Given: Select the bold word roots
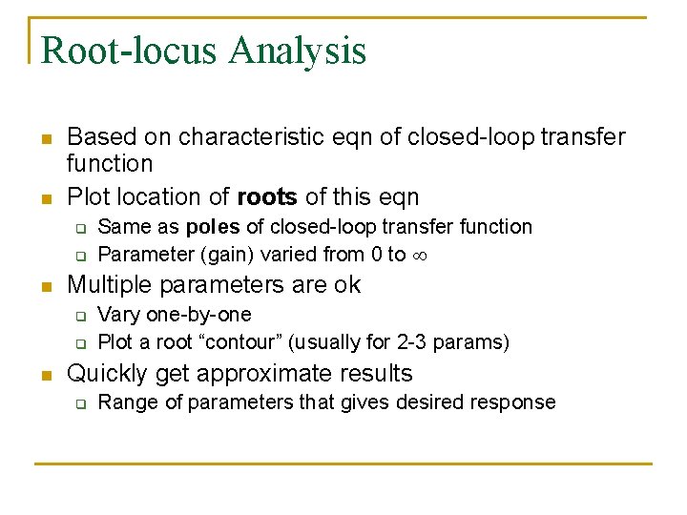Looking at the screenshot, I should pos(267,197).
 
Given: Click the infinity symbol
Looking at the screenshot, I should pos(421,256).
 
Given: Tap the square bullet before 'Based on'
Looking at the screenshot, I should pos(45,138).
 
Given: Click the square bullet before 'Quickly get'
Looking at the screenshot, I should pos(45,374).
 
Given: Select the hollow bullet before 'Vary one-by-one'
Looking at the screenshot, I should pos(81,316).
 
